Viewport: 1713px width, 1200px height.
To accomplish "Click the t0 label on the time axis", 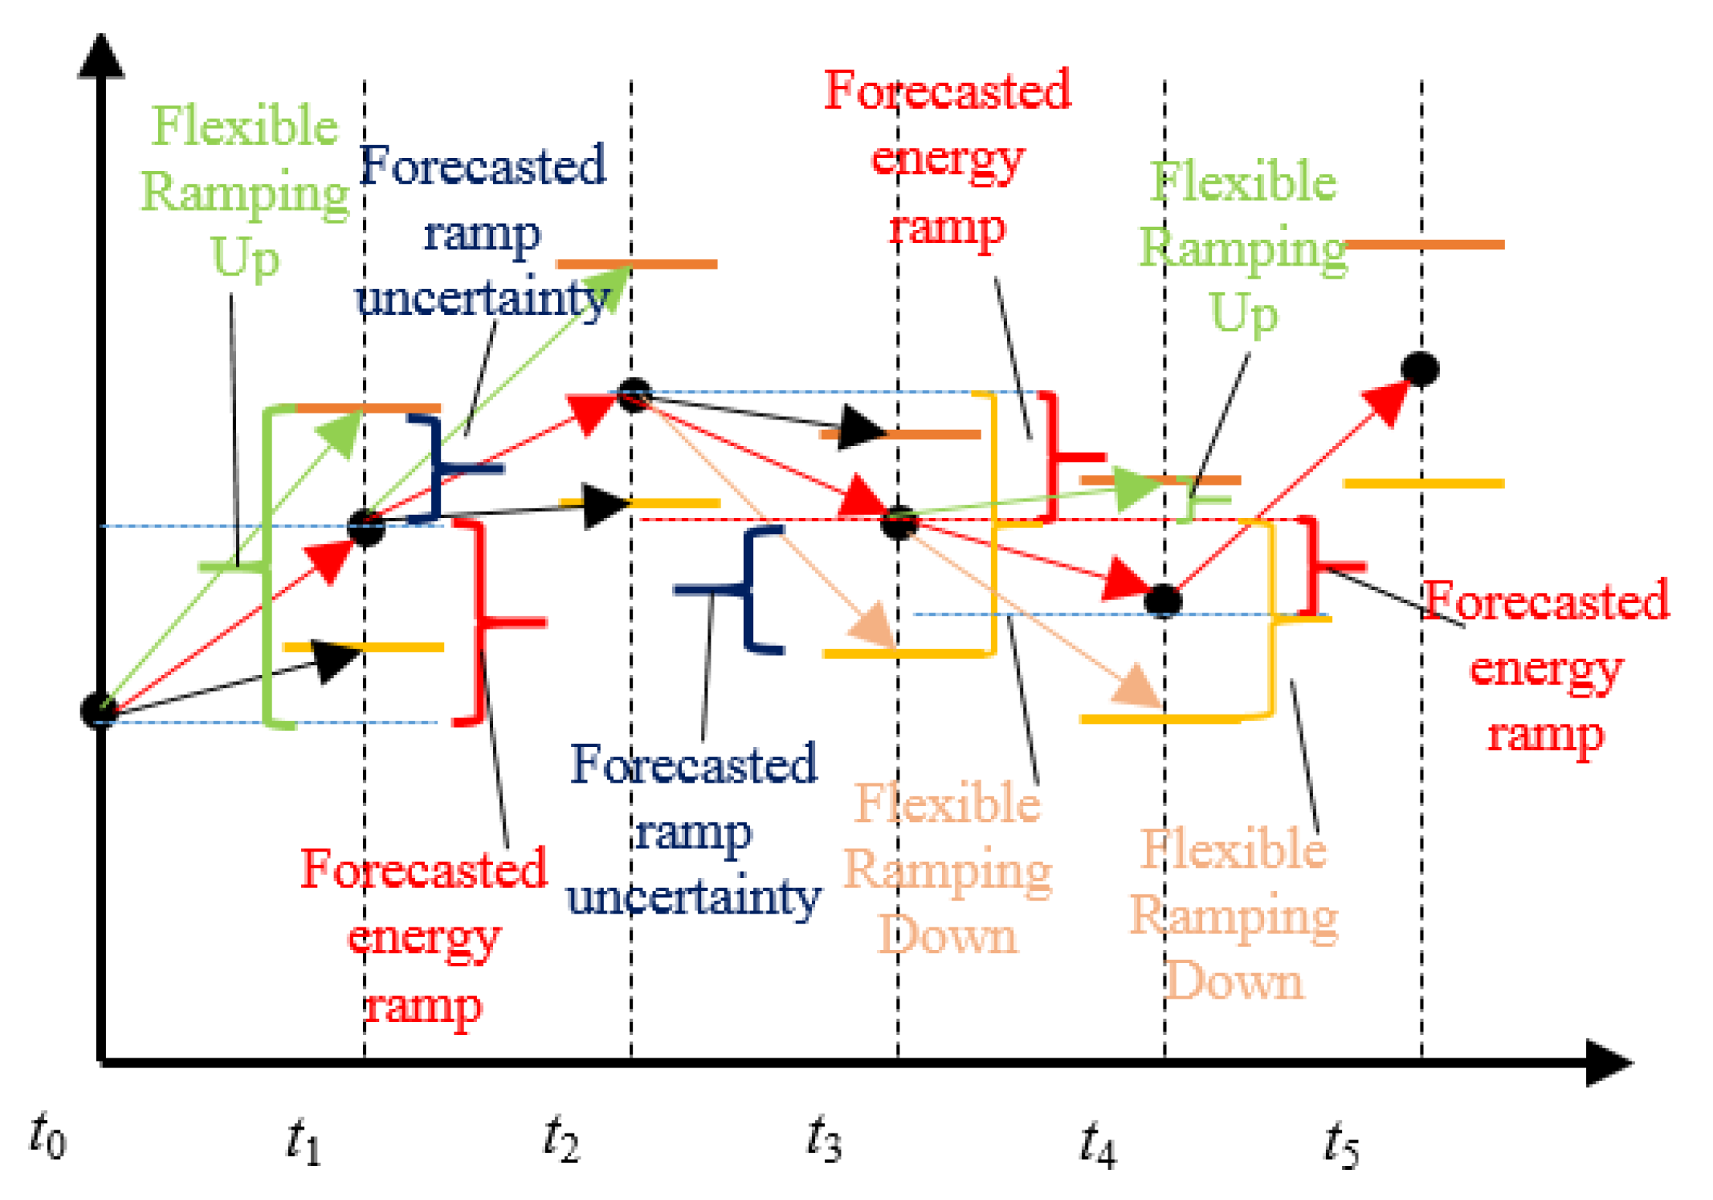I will click(48, 1137).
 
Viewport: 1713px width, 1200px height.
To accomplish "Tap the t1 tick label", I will click(303, 1141).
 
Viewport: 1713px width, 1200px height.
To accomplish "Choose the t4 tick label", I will click(1098, 1143).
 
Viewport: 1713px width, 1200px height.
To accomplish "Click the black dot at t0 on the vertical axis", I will click(99, 710).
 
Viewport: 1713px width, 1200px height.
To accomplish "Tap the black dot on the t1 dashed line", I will click(366, 529).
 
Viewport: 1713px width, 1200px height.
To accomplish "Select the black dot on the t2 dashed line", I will click(635, 395).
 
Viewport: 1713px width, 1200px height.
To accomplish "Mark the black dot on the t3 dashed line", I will click(899, 523).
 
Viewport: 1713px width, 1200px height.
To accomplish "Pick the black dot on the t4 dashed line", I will click(1163, 601).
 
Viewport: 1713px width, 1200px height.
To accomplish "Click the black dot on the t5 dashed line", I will click(1420, 369).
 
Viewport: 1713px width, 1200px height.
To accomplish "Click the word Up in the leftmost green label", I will click(245, 257).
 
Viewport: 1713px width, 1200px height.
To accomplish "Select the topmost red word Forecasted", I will click(947, 90).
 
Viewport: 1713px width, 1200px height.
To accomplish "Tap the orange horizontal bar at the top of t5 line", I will click(1424, 245).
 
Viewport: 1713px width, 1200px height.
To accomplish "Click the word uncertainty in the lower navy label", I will click(694, 897).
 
